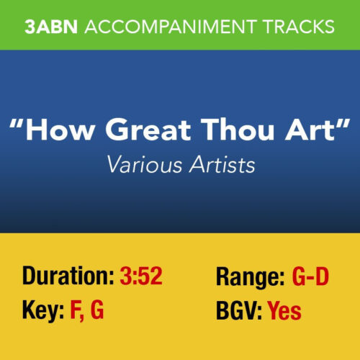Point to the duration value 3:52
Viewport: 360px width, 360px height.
click(x=141, y=276)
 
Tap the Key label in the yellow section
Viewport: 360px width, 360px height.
click(x=42, y=311)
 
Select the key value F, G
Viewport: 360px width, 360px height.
click(x=87, y=312)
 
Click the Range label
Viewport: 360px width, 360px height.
click(x=249, y=276)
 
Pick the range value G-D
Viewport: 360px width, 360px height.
click(x=315, y=276)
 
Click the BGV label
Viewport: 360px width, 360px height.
click(x=238, y=311)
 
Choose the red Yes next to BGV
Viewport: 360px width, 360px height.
click(x=284, y=311)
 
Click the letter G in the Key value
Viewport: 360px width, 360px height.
click(x=96, y=311)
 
